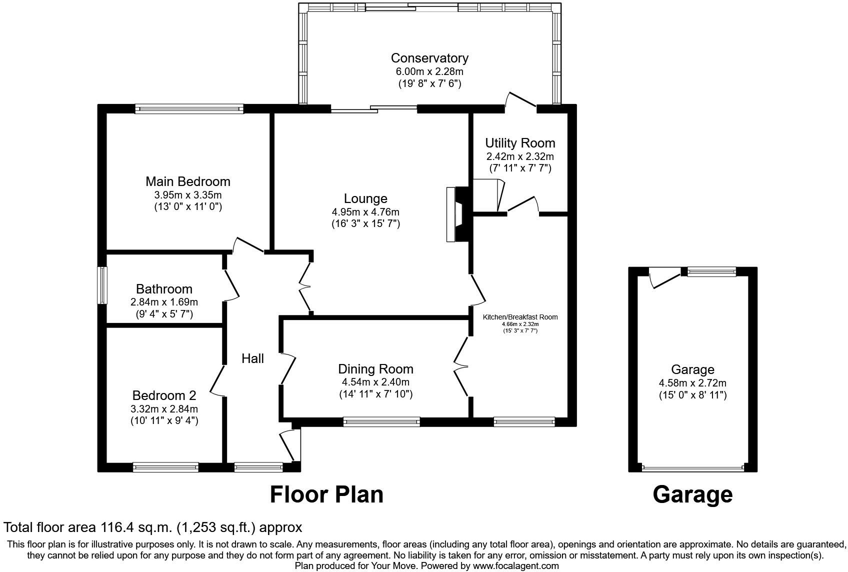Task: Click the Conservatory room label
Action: click(x=429, y=58)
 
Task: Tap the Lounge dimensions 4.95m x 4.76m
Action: click(x=365, y=212)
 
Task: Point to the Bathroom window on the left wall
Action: click(x=102, y=285)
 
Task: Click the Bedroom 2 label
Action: click(x=164, y=395)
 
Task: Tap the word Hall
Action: click(x=252, y=358)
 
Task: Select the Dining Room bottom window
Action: click(x=381, y=422)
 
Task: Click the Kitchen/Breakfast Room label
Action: click(x=519, y=317)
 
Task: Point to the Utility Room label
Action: click(x=519, y=143)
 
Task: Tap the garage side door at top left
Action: click(x=664, y=279)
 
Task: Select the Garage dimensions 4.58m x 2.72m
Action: click(x=692, y=383)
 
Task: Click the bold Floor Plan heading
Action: click(x=326, y=494)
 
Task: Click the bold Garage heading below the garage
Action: click(x=692, y=494)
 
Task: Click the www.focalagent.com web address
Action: click(x=515, y=566)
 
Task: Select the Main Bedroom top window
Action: click(x=189, y=108)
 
